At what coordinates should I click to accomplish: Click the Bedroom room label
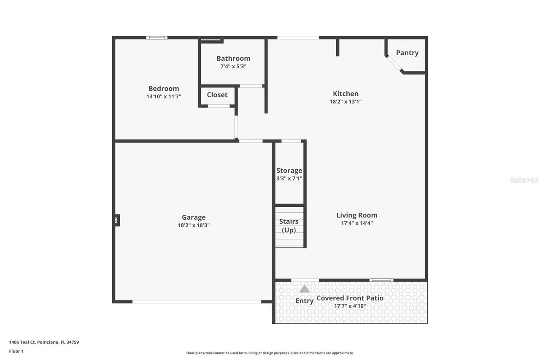(x=164, y=89)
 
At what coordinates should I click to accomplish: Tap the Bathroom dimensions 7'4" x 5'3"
(x=233, y=66)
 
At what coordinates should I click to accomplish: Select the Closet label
(x=217, y=95)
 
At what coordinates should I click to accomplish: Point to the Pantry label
(x=407, y=53)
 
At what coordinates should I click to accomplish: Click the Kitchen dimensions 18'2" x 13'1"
(x=346, y=102)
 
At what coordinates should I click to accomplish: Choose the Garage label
(x=194, y=217)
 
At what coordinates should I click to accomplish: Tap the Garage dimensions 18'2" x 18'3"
(x=194, y=225)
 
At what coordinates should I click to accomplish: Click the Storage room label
(x=289, y=171)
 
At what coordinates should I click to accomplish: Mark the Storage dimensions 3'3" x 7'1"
(x=289, y=179)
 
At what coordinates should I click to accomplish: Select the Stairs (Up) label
(x=289, y=226)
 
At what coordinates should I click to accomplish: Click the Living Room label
(x=357, y=215)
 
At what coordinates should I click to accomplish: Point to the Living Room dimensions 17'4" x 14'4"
(x=357, y=223)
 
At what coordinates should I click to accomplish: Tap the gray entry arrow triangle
(x=305, y=289)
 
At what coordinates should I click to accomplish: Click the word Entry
(x=305, y=301)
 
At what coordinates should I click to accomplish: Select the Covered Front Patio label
(x=350, y=298)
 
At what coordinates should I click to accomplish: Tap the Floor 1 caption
(x=16, y=351)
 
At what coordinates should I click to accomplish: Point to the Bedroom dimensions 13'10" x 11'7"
(x=164, y=97)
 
